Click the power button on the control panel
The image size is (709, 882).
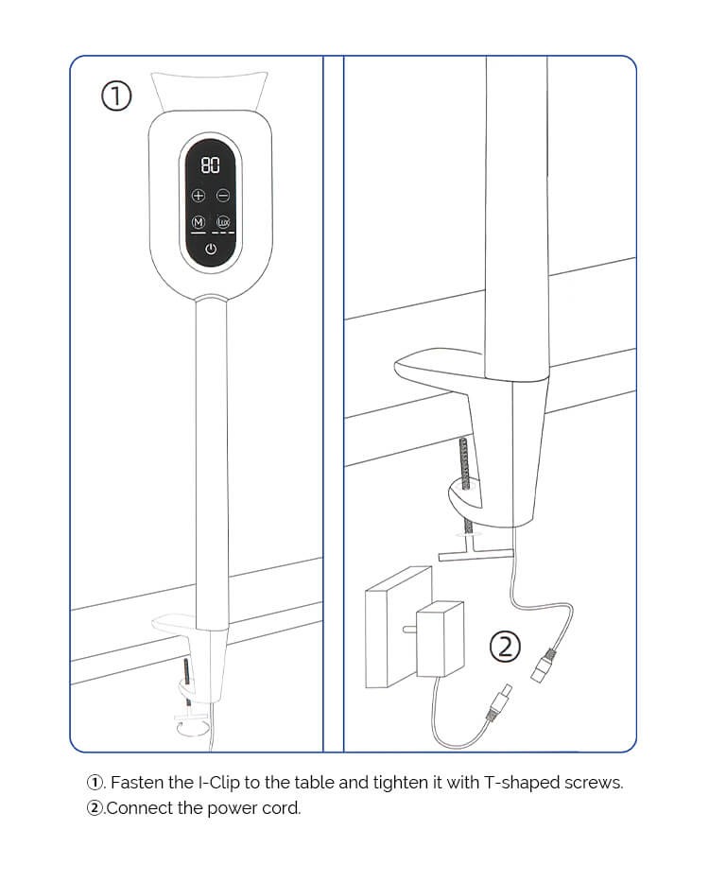210,250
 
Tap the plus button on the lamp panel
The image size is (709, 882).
199,196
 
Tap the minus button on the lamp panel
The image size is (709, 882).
223,196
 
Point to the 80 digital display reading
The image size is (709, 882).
210,166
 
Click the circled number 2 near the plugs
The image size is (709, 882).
505,647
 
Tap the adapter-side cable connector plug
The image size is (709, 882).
498,704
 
